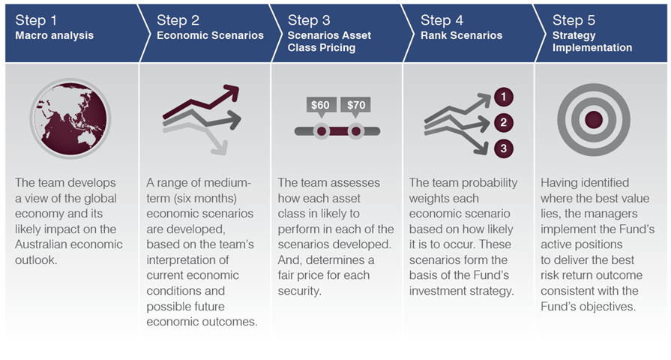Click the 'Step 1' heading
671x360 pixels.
pyautogui.click(x=36, y=20)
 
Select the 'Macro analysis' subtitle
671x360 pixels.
pyautogui.click(x=54, y=35)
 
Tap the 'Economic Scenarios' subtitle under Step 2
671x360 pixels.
pyautogui.click(x=210, y=35)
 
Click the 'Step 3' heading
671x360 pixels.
pyautogui.click(x=309, y=20)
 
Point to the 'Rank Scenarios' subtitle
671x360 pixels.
pyautogui.click(x=461, y=35)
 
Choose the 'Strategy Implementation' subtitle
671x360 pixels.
pyautogui.click(x=592, y=41)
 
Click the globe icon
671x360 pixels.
pyautogui.click(x=70, y=118)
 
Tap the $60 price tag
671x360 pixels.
pyautogui.click(x=321, y=107)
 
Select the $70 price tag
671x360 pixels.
pyautogui.click(x=355, y=107)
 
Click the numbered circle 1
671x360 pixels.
pyautogui.click(x=504, y=97)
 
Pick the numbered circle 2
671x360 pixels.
pyautogui.click(x=504, y=123)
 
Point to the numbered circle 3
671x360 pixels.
pyautogui.click(x=504, y=148)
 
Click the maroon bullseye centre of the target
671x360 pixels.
pyautogui.click(x=594, y=120)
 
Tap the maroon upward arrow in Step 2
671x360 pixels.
pyautogui.click(x=201, y=103)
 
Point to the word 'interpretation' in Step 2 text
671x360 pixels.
pyautogui.click(x=187, y=259)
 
